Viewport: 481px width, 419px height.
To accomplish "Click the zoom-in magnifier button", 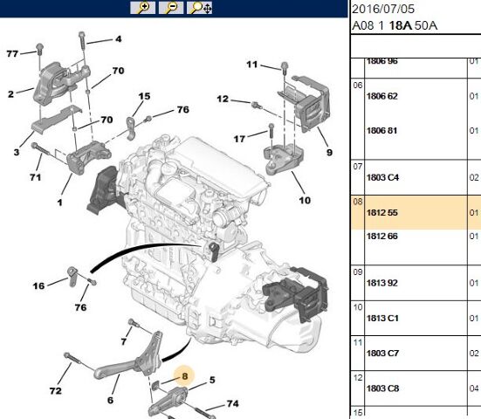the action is (142, 8).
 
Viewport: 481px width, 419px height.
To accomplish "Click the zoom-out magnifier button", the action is (171, 8).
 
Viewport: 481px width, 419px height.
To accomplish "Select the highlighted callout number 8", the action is (184, 375).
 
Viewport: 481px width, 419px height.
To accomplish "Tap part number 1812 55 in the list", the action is (381, 213).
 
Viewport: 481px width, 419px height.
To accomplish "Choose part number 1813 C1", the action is (382, 318).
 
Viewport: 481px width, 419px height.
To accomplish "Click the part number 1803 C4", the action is (382, 177).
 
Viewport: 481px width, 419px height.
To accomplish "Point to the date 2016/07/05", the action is (383, 9).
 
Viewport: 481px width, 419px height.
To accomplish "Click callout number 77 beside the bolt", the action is (12, 53).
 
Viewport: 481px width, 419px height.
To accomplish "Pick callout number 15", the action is (144, 96).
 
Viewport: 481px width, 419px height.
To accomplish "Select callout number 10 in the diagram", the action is (305, 200).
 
